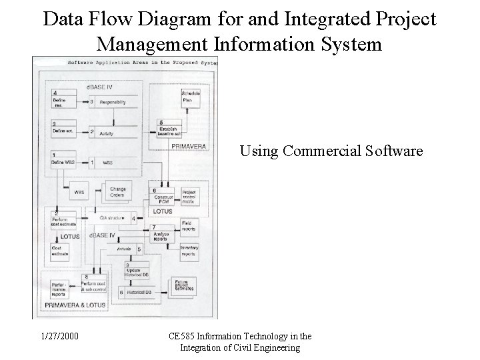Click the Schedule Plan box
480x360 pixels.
coord(191,99)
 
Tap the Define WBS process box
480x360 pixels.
coord(63,160)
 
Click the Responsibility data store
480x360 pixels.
coord(119,102)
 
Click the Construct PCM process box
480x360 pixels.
coord(163,195)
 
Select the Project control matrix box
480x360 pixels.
coord(191,195)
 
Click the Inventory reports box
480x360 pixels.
coord(190,251)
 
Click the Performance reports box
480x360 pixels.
coord(59,289)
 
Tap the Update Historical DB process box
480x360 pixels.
coord(134,269)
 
